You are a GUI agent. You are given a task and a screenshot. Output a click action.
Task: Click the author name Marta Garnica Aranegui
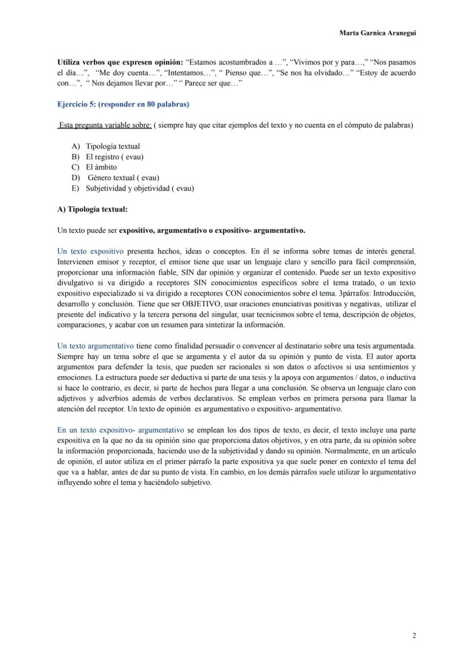[x=377, y=33]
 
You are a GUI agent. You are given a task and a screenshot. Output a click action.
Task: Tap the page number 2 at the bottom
[x=413, y=635]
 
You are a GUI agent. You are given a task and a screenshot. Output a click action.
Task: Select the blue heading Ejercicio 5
[x=123, y=104]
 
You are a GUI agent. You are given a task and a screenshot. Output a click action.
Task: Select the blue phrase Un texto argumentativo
[x=96, y=346]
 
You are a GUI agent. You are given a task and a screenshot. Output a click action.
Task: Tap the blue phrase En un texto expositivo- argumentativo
[x=121, y=430]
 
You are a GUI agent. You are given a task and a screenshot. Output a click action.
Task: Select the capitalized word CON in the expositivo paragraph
[x=228, y=293]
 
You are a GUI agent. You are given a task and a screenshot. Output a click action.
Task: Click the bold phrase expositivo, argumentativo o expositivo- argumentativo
[x=212, y=231]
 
